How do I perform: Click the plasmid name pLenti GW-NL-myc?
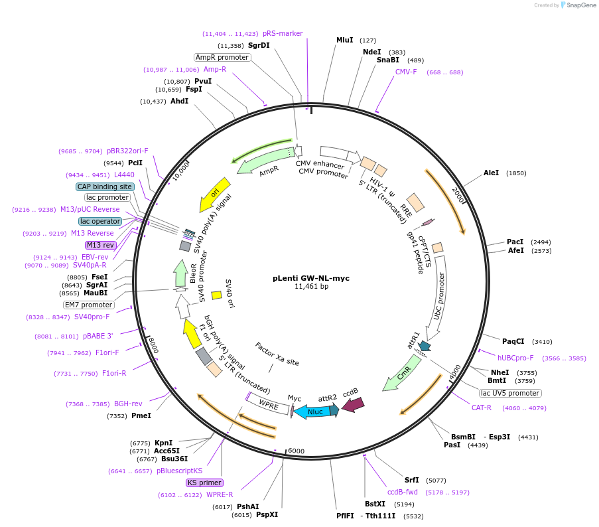point(310,278)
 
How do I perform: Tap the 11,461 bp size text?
point(311,287)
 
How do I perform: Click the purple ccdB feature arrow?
point(353,402)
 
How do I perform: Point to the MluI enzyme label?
point(345,40)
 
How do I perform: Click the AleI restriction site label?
point(491,173)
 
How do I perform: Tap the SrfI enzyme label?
point(412,480)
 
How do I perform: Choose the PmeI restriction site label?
point(141,416)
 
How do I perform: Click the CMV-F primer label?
point(406,72)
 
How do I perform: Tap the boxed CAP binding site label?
point(105,187)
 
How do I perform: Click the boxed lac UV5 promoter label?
point(511,393)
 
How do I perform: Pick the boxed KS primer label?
point(205,483)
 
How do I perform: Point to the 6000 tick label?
point(296,451)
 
